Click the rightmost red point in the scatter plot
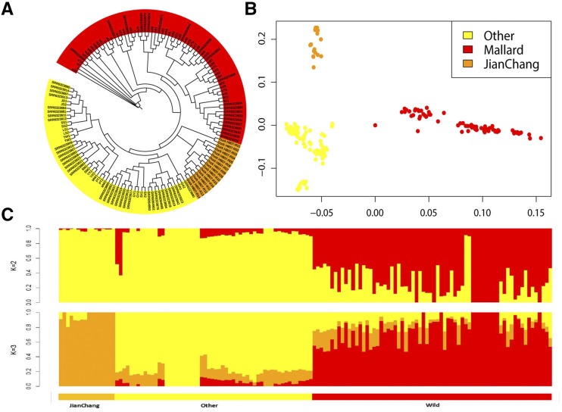point(541,138)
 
